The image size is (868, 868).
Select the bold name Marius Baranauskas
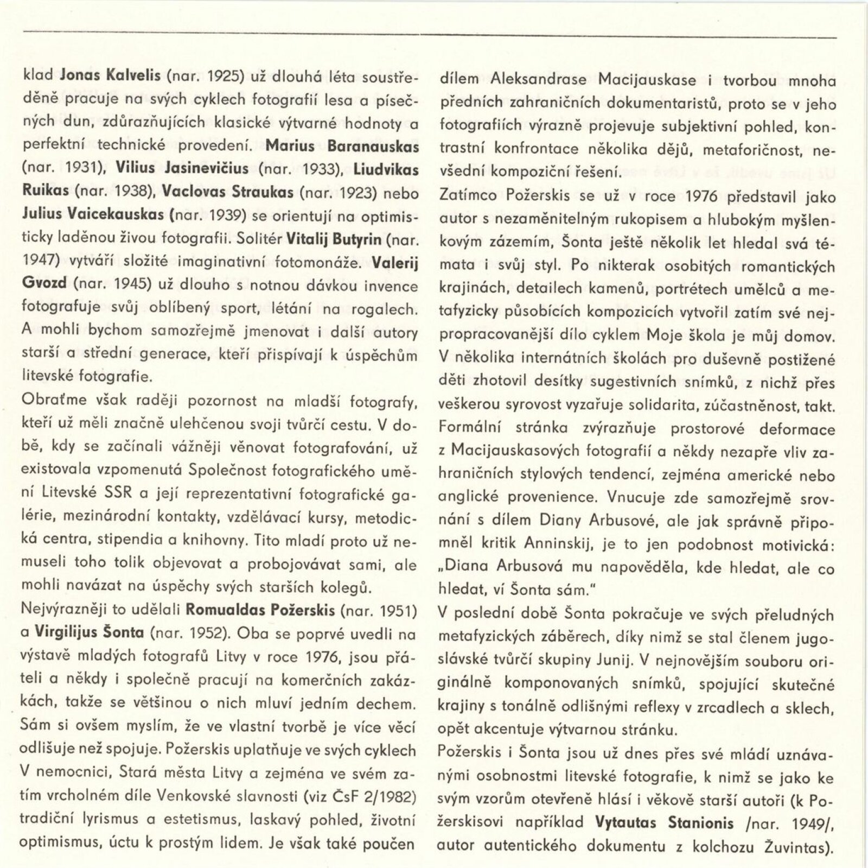[342, 147]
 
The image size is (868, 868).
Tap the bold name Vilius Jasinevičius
[182, 169]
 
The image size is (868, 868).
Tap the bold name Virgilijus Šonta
[90, 633]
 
